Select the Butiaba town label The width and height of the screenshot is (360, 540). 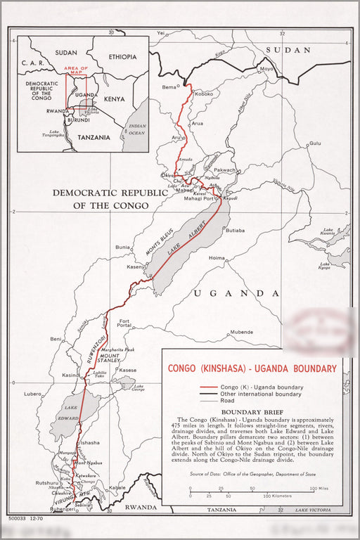coord(235,231)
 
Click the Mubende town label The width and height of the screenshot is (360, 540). coord(241,331)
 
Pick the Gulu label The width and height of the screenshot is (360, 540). coord(314,143)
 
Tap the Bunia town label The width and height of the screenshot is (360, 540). coord(123,247)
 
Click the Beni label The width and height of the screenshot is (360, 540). coord(56,339)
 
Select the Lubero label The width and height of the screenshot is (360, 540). coord(33,394)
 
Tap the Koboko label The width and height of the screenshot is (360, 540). coord(204,94)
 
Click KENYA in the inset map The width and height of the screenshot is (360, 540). coord(114,99)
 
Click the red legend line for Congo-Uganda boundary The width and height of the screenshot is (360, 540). coord(208,387)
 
